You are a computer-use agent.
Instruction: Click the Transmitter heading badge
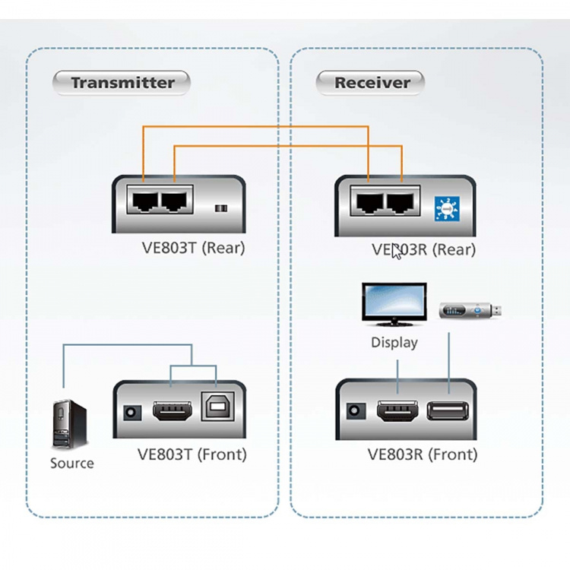pos(122,83)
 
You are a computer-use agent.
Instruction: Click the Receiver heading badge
pos(371,83)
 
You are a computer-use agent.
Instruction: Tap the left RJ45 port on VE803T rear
pos(142,201)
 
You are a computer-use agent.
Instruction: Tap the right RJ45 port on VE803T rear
pos(174,201)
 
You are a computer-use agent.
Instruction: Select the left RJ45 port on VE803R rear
pos(368,203)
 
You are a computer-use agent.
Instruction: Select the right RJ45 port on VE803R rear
pos(401,203)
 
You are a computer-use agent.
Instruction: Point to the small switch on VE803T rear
pos(221,208)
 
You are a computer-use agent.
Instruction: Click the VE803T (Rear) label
pos(193,247)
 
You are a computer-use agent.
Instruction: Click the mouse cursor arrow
pos(396,252)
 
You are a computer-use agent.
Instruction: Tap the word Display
pos(394,342)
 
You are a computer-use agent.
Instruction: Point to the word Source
pos(72,463)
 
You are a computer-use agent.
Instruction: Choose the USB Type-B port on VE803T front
pos(216,408)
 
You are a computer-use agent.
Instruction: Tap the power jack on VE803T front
pos(131,413)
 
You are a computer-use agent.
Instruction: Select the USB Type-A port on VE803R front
pos(448,412)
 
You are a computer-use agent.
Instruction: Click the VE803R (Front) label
pos(422,454)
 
